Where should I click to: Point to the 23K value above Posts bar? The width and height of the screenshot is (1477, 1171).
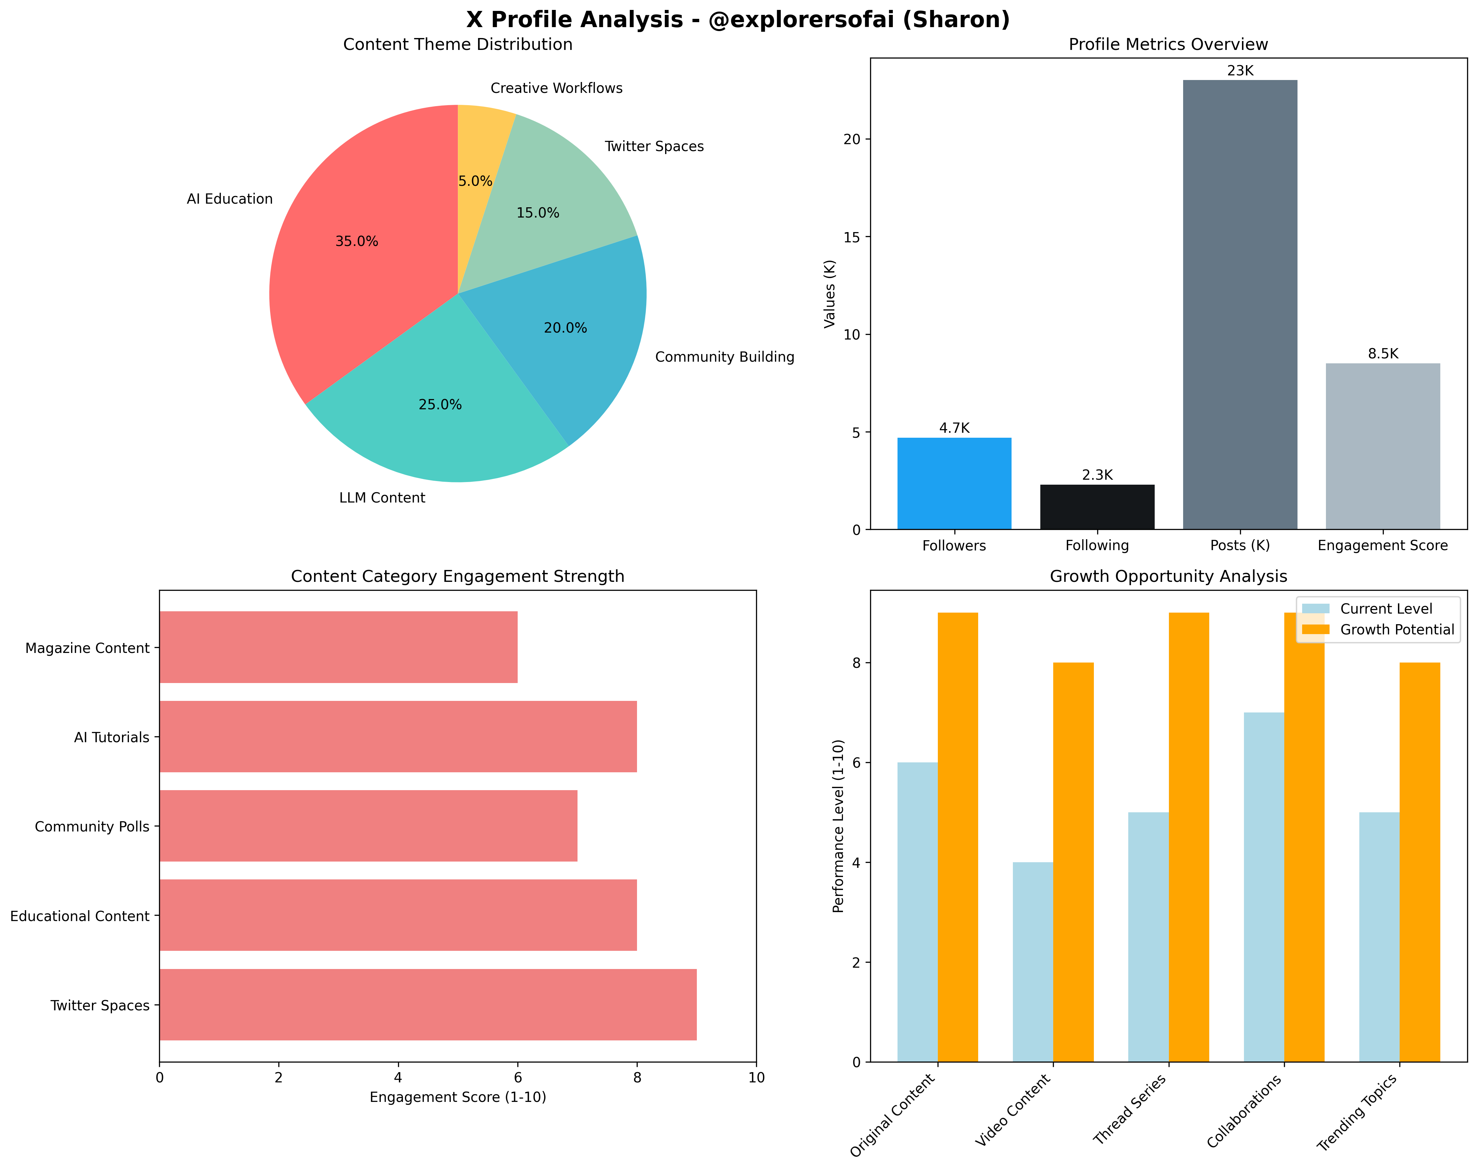(x=1240, y=70)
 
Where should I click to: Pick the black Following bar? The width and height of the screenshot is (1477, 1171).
(x=1097, y=507)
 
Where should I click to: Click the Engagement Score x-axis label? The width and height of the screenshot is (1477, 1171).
(x=1382, y=545)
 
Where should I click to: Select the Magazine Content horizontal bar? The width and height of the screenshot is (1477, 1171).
(x=339, y=647)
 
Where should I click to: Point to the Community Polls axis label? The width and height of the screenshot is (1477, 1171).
(x=92, y=827)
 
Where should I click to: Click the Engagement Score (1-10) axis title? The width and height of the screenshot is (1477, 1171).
(x=458, y=1097)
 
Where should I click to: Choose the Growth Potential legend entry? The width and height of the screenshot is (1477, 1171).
(x=1396, y=630)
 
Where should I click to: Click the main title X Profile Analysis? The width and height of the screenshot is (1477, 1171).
(x=738, y=19)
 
